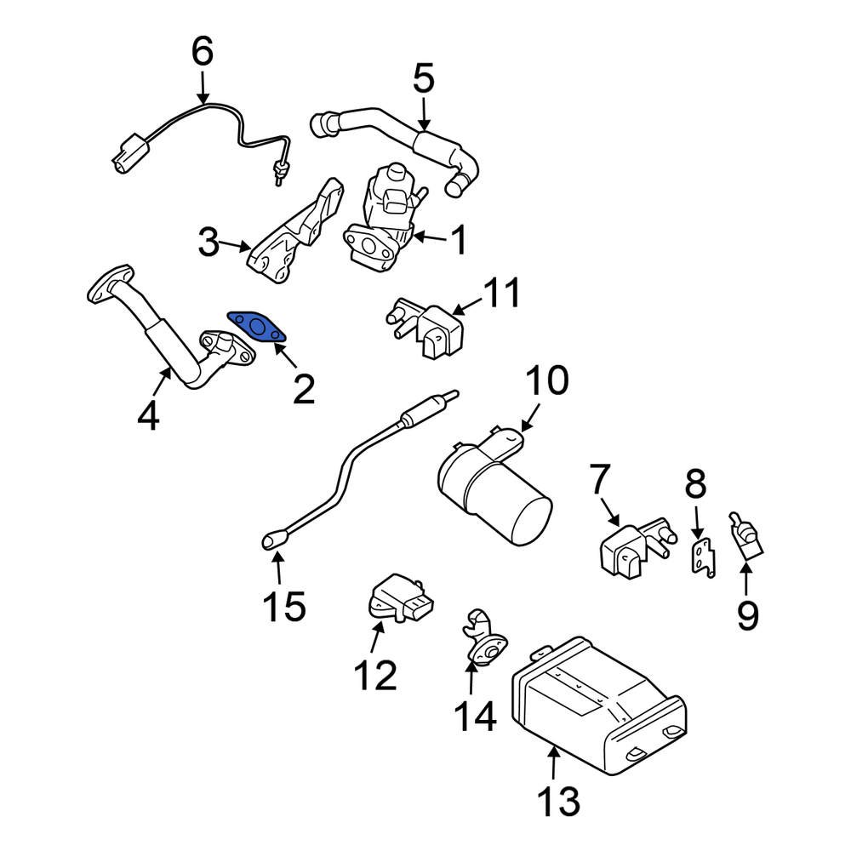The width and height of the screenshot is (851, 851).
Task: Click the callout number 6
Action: click(x=202, y=52)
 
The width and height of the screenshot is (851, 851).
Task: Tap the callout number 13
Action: click(x=557, y=802)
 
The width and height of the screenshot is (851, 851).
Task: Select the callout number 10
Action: click(x=545, y=382)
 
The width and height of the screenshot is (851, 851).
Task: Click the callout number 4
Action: click(x=148, y=416)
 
